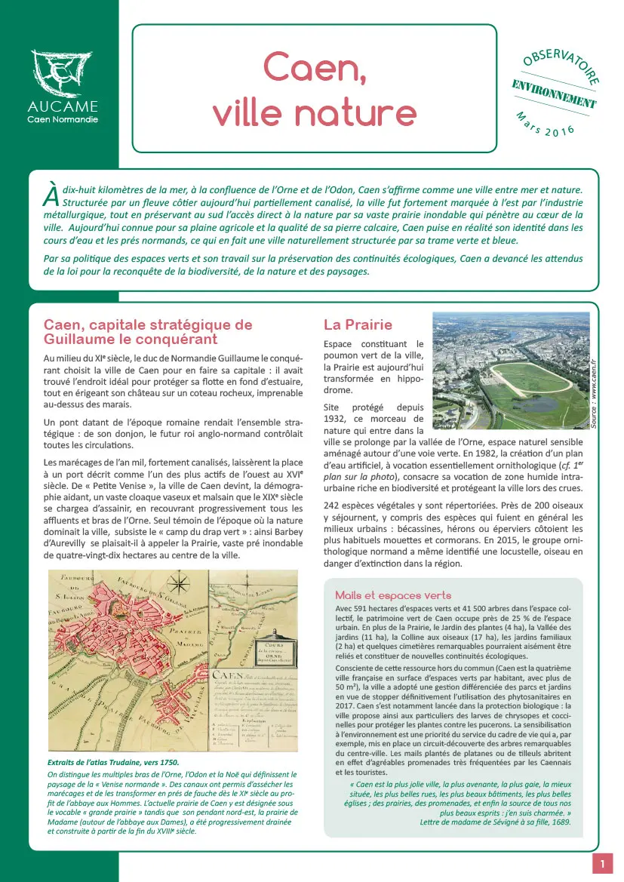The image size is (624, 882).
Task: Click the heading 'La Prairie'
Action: coord(358,325)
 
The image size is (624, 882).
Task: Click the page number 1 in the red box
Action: coord(602,863)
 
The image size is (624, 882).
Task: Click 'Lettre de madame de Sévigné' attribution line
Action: coord(495,822)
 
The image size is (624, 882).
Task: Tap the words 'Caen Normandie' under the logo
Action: coord(63,120)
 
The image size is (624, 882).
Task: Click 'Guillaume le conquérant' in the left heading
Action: coord(130,340)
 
